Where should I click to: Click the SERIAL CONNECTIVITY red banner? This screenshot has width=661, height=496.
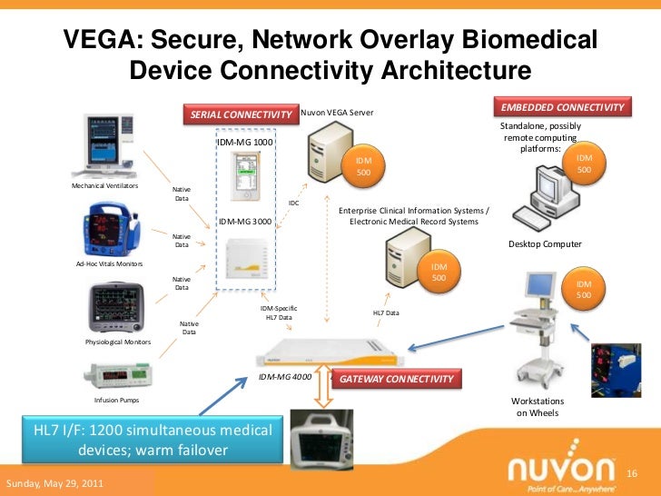tap(241, 114)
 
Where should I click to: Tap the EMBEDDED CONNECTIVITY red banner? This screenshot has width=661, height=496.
tap(562, 107)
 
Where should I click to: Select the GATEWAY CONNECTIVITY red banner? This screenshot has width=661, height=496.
tap(396, 378)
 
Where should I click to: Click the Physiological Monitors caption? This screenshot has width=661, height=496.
tap(118, 343)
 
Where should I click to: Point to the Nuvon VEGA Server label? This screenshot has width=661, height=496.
tap(337, 113)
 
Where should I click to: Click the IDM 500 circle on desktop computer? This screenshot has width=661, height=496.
tap(585, 164)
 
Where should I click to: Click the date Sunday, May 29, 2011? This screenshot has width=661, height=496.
tap(54, 483)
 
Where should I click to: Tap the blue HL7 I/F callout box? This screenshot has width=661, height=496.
tap(153, 440)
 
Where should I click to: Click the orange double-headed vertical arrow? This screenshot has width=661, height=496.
tap(322, 393)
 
